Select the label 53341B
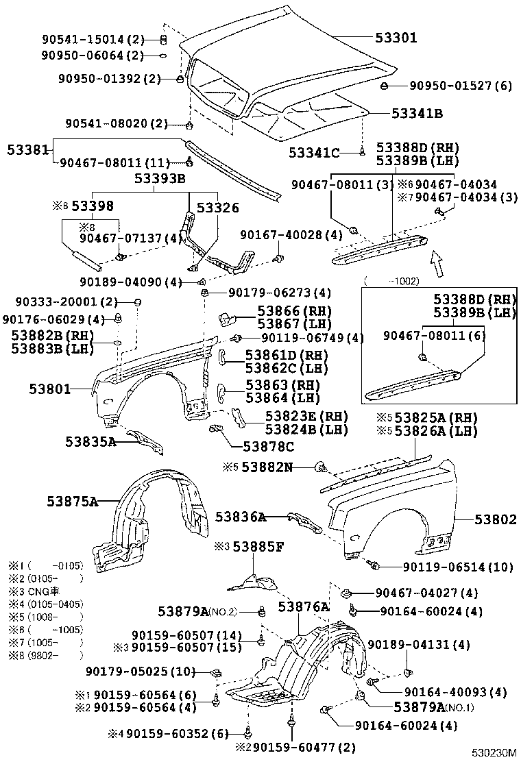417,113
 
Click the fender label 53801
49,389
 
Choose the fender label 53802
495,520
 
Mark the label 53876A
304,607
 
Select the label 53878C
269,447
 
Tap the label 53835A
90,442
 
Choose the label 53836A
240,517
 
